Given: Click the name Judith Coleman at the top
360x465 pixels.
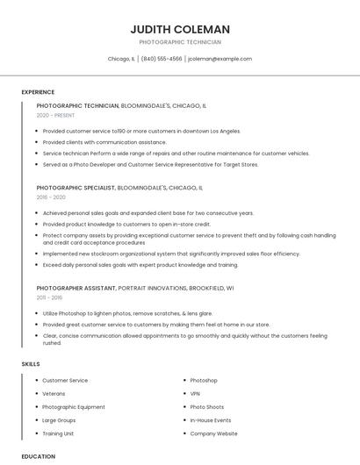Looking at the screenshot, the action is tap(180, 29).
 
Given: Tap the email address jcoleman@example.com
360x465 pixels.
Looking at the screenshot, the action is tap(220, 59).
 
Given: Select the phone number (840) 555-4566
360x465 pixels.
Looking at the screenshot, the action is tap(162, 59).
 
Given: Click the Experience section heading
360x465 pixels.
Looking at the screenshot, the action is tap(38, 92).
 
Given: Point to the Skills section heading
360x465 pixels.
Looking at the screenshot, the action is tap(31, 363).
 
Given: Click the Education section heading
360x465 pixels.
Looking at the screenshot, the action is tap(39, 456).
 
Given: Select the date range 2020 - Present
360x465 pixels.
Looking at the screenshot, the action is tap(56, 115).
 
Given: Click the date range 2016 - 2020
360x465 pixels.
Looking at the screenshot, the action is tap(51, 197).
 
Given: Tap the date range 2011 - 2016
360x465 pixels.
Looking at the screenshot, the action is tap(50, 298).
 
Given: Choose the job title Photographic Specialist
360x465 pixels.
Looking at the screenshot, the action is tap(76, 188).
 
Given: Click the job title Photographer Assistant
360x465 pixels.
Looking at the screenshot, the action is tap(76, 288).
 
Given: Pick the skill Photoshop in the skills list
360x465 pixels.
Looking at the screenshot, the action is tap(204, 380).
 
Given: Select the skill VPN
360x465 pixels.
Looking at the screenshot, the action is tap(196, 394).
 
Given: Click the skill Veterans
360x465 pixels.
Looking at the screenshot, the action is tap(54, 394).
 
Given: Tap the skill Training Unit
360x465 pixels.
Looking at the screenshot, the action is tap(58, 433).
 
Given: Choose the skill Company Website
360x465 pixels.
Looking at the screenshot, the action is tap(213, 433).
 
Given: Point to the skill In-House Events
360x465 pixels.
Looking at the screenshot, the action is tap(211, 420).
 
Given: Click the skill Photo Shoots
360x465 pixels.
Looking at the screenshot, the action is tap(207, 407).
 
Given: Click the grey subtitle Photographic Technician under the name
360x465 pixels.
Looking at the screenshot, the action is tap(180, 42).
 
